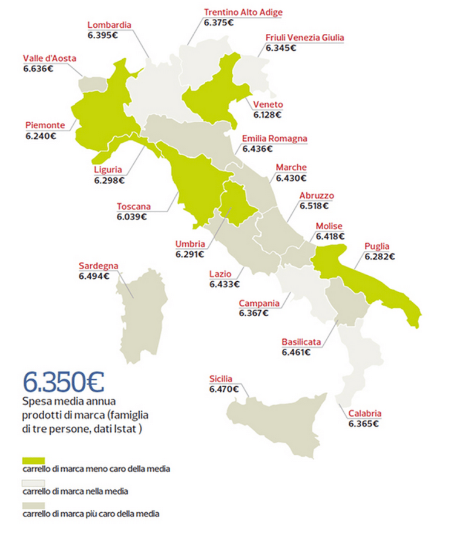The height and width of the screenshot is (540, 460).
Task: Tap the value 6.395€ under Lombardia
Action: click(102, 36)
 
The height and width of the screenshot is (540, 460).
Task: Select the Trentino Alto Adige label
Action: click(243, 12)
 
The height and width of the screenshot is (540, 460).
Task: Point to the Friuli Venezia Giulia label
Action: click(304, 37)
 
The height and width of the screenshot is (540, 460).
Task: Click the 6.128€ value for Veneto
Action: click(268, 114)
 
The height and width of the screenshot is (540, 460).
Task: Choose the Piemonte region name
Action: click(45, 125)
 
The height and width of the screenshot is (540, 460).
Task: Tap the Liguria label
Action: click(108, 169)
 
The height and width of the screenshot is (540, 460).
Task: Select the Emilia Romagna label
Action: click(274, 138)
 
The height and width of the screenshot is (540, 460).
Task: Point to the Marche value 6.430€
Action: click(291, 178)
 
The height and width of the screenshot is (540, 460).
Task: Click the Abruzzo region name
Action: click(317, 196)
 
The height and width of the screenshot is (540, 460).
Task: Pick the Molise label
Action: click(330, 226)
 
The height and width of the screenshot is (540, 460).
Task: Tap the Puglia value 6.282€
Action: click(379, 256)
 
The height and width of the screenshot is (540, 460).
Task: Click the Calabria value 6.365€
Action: click(364, 424)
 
